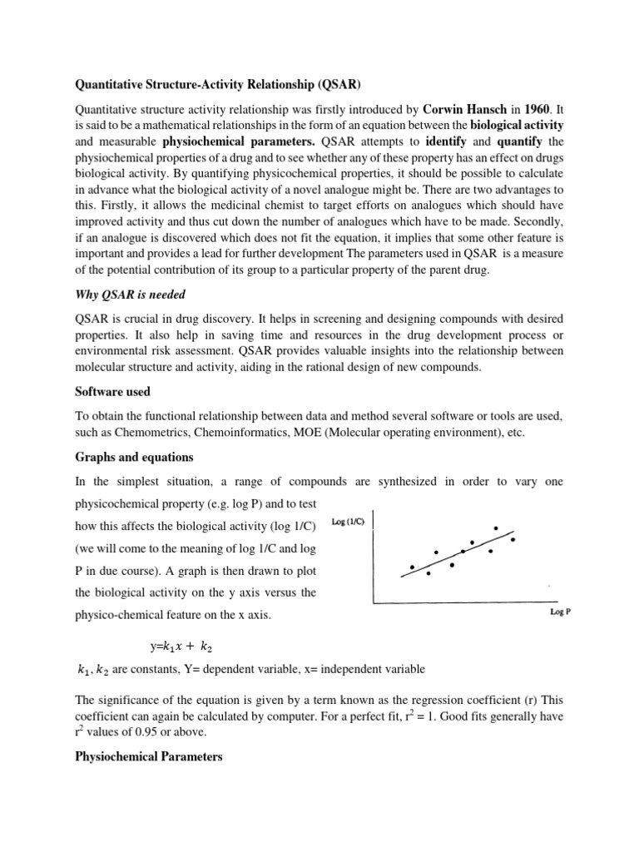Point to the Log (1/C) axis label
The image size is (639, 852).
[x=349, y=522]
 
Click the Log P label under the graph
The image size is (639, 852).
[x=560, y=612]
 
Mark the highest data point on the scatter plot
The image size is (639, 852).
[x=496, y=528]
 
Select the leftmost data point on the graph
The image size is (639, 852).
[x=412, y=567]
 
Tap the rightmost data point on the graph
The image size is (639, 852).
[x=513, y=540]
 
